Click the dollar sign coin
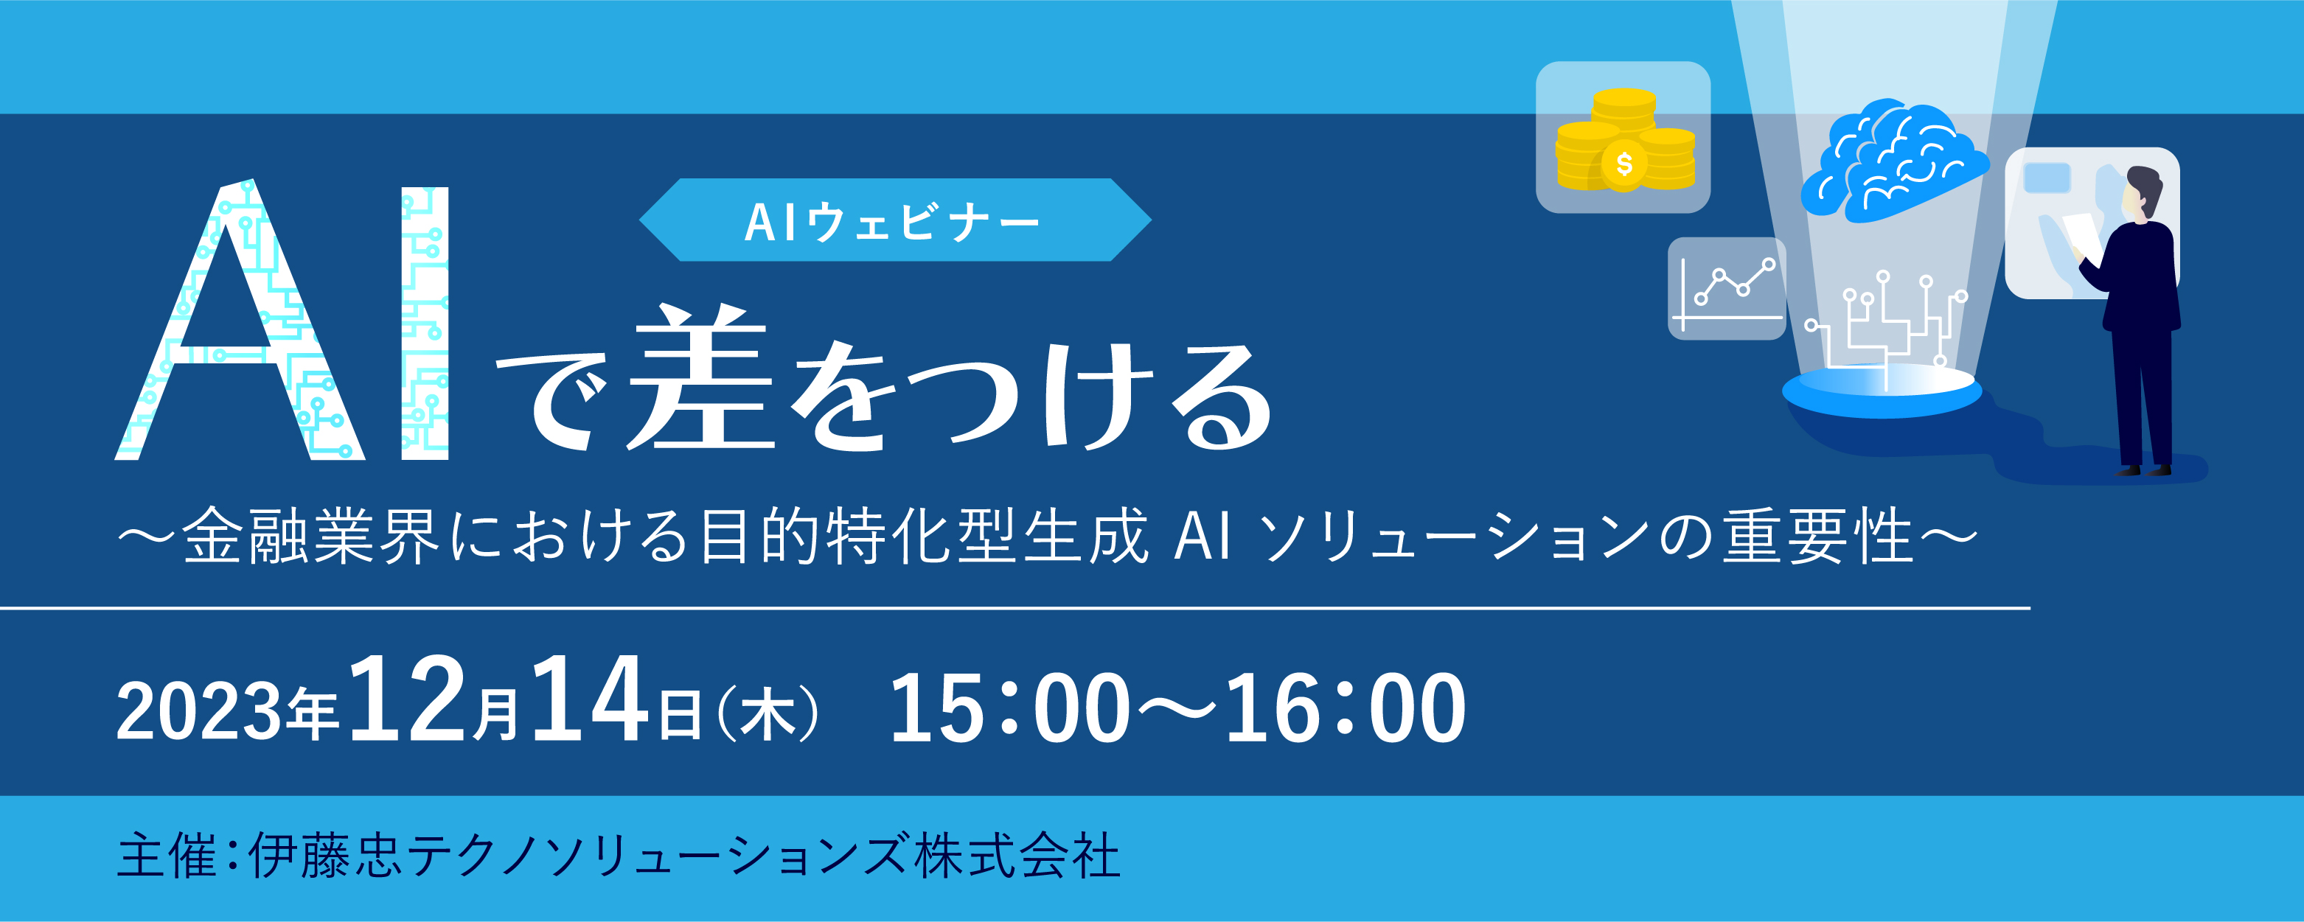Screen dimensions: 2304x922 [x=1624, y=164]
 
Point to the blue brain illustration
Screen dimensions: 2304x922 [x=1893, y=158]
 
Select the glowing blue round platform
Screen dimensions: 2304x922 [x=1882, y=391]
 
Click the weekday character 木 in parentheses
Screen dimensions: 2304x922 [x=768, y=712]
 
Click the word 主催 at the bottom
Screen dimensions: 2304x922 [x=167, y=854]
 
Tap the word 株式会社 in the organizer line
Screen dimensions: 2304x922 [x=1017, y=854]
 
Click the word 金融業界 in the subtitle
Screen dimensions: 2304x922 [x=310, y=536]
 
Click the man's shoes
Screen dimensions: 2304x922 [x=2144, y=469]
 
